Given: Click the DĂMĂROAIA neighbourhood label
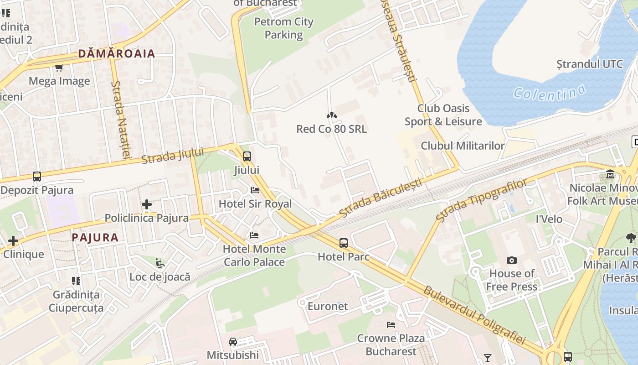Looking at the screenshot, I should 117,53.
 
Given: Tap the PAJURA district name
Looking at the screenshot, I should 95,237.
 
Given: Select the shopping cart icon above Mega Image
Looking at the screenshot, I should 59,68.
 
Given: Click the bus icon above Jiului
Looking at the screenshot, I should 247,156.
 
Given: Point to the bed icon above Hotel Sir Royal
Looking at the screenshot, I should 255,190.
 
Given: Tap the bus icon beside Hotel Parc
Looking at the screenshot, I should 344,243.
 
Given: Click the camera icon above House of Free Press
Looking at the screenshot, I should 512,260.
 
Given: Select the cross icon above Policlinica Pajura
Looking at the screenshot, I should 146,204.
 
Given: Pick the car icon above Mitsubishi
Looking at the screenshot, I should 233,341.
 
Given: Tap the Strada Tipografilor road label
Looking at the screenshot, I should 481,199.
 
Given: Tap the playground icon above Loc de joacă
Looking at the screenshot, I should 159,263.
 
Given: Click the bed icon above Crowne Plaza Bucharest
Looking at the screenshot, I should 391,325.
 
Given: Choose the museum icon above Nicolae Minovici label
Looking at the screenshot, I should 610,174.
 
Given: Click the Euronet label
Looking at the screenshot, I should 328,306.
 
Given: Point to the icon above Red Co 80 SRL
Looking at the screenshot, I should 331,116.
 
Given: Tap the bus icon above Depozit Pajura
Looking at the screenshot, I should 37,176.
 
